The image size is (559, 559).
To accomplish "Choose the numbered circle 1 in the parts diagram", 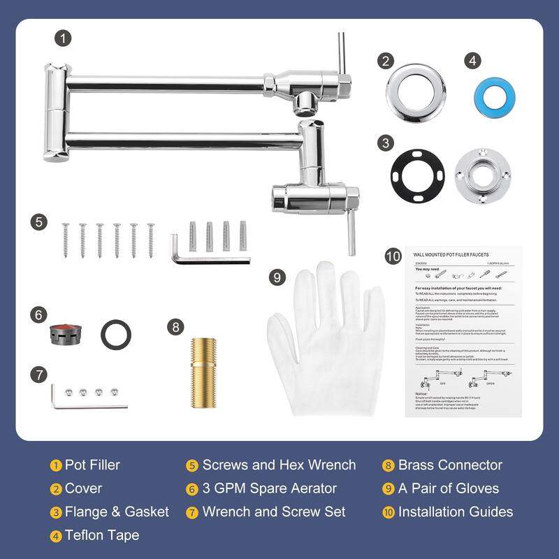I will (63, 38).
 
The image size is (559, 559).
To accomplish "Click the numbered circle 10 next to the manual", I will (393, 256).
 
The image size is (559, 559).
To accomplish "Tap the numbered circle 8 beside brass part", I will (175, 326).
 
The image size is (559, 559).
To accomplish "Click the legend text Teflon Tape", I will (101, 535).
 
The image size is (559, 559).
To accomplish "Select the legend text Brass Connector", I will (449, 465).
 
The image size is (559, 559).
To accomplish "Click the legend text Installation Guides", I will (455, 512).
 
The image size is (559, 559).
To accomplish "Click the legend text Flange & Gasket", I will (117, 511).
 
